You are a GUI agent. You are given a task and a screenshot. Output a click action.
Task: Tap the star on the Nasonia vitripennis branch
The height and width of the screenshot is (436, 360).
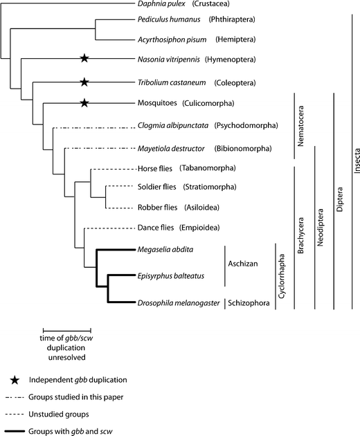tap(84, 60)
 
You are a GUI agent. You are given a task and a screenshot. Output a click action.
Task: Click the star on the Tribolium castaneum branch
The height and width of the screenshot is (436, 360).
tap(84, 82)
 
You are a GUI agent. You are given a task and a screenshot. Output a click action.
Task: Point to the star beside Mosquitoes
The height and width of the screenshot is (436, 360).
tap(84, 104)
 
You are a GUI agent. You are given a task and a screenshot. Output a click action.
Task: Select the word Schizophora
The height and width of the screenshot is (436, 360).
tap(251, 302)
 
